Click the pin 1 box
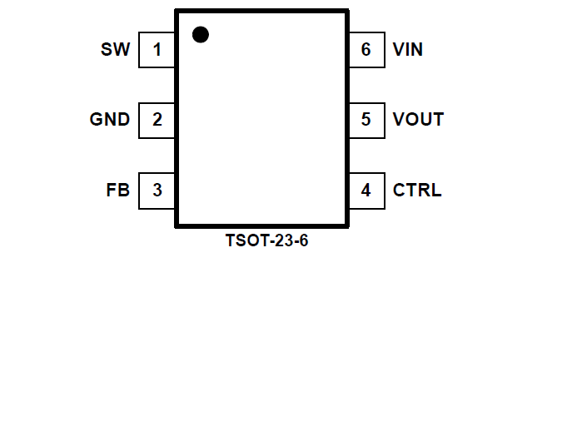coord(157,50)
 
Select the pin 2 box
coord(157,120)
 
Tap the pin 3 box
coord(157,191)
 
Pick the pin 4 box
coord(366,191)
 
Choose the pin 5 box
coord(366,120)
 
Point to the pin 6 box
coord(366,50)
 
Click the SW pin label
coord(115,50)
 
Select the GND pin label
coord(110,120)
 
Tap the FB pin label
coord(118,191)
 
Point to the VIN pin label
coord(408,50)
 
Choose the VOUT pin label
coord(418,120)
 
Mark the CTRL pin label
coord(417,191)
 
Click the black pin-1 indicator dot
coord(200,35)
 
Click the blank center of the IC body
coord(261,125)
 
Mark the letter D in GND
coord(123,120)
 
